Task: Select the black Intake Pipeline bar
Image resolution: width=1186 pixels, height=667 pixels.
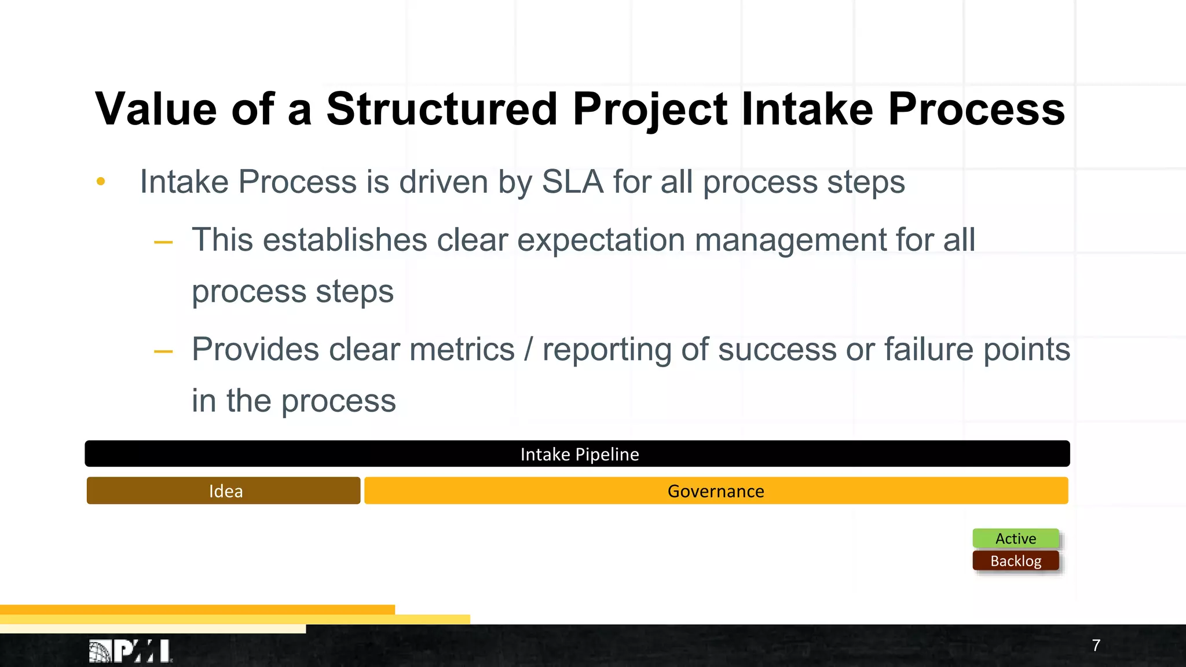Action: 577,454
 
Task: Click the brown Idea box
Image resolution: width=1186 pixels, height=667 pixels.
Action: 224,491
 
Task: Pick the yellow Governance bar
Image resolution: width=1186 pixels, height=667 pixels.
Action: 716,491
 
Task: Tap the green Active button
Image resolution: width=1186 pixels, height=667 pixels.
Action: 1016,538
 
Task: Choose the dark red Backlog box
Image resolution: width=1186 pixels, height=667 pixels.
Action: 1016,561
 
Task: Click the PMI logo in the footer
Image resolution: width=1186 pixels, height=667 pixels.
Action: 131,651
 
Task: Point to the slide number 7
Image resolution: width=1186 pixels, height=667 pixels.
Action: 1096,646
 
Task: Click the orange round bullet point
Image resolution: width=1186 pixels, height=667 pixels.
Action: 101,182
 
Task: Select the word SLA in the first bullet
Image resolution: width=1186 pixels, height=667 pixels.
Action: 572,182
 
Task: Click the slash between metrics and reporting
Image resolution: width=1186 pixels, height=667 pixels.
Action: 528,350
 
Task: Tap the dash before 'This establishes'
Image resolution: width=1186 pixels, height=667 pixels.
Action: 163,242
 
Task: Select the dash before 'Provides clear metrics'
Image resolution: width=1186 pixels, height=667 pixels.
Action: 163,351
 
